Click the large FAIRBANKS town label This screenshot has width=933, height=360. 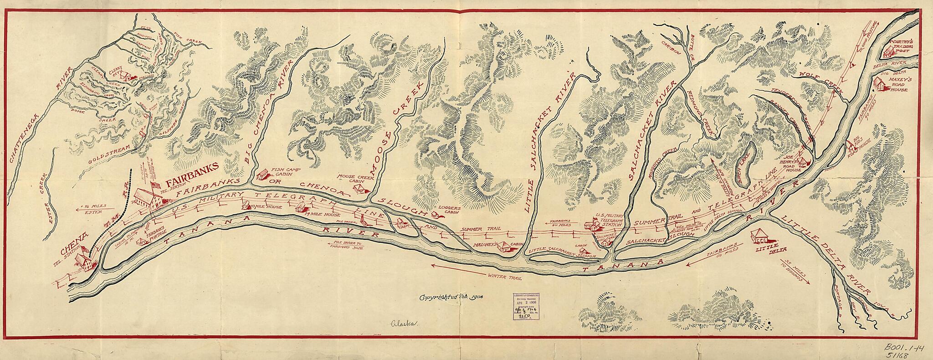(192, 171)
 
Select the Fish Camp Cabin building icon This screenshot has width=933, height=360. (262, 175)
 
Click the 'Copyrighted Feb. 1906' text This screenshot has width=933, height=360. (451, 297)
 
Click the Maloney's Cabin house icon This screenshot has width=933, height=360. (504, 247)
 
